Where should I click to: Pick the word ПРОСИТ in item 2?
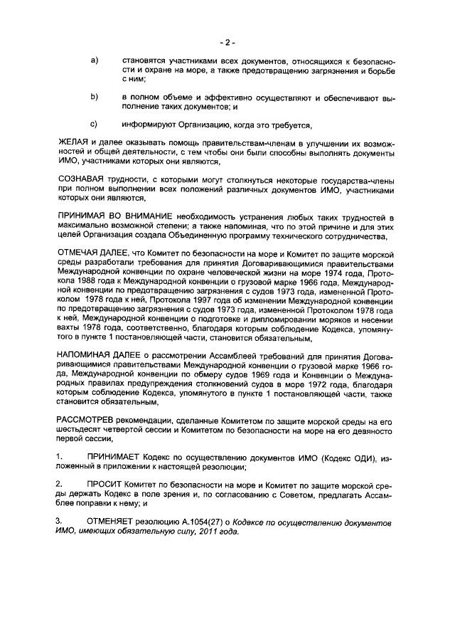(106, 483)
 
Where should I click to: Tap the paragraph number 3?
(59, 522)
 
